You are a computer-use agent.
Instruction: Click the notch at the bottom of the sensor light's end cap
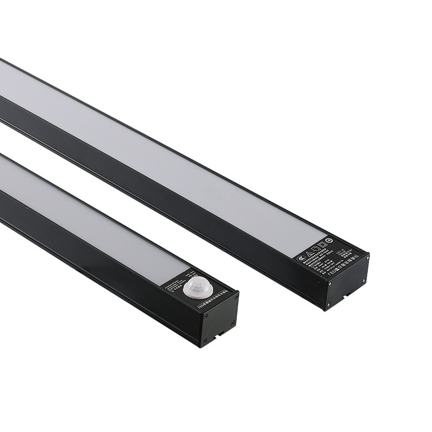pos(221,334)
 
